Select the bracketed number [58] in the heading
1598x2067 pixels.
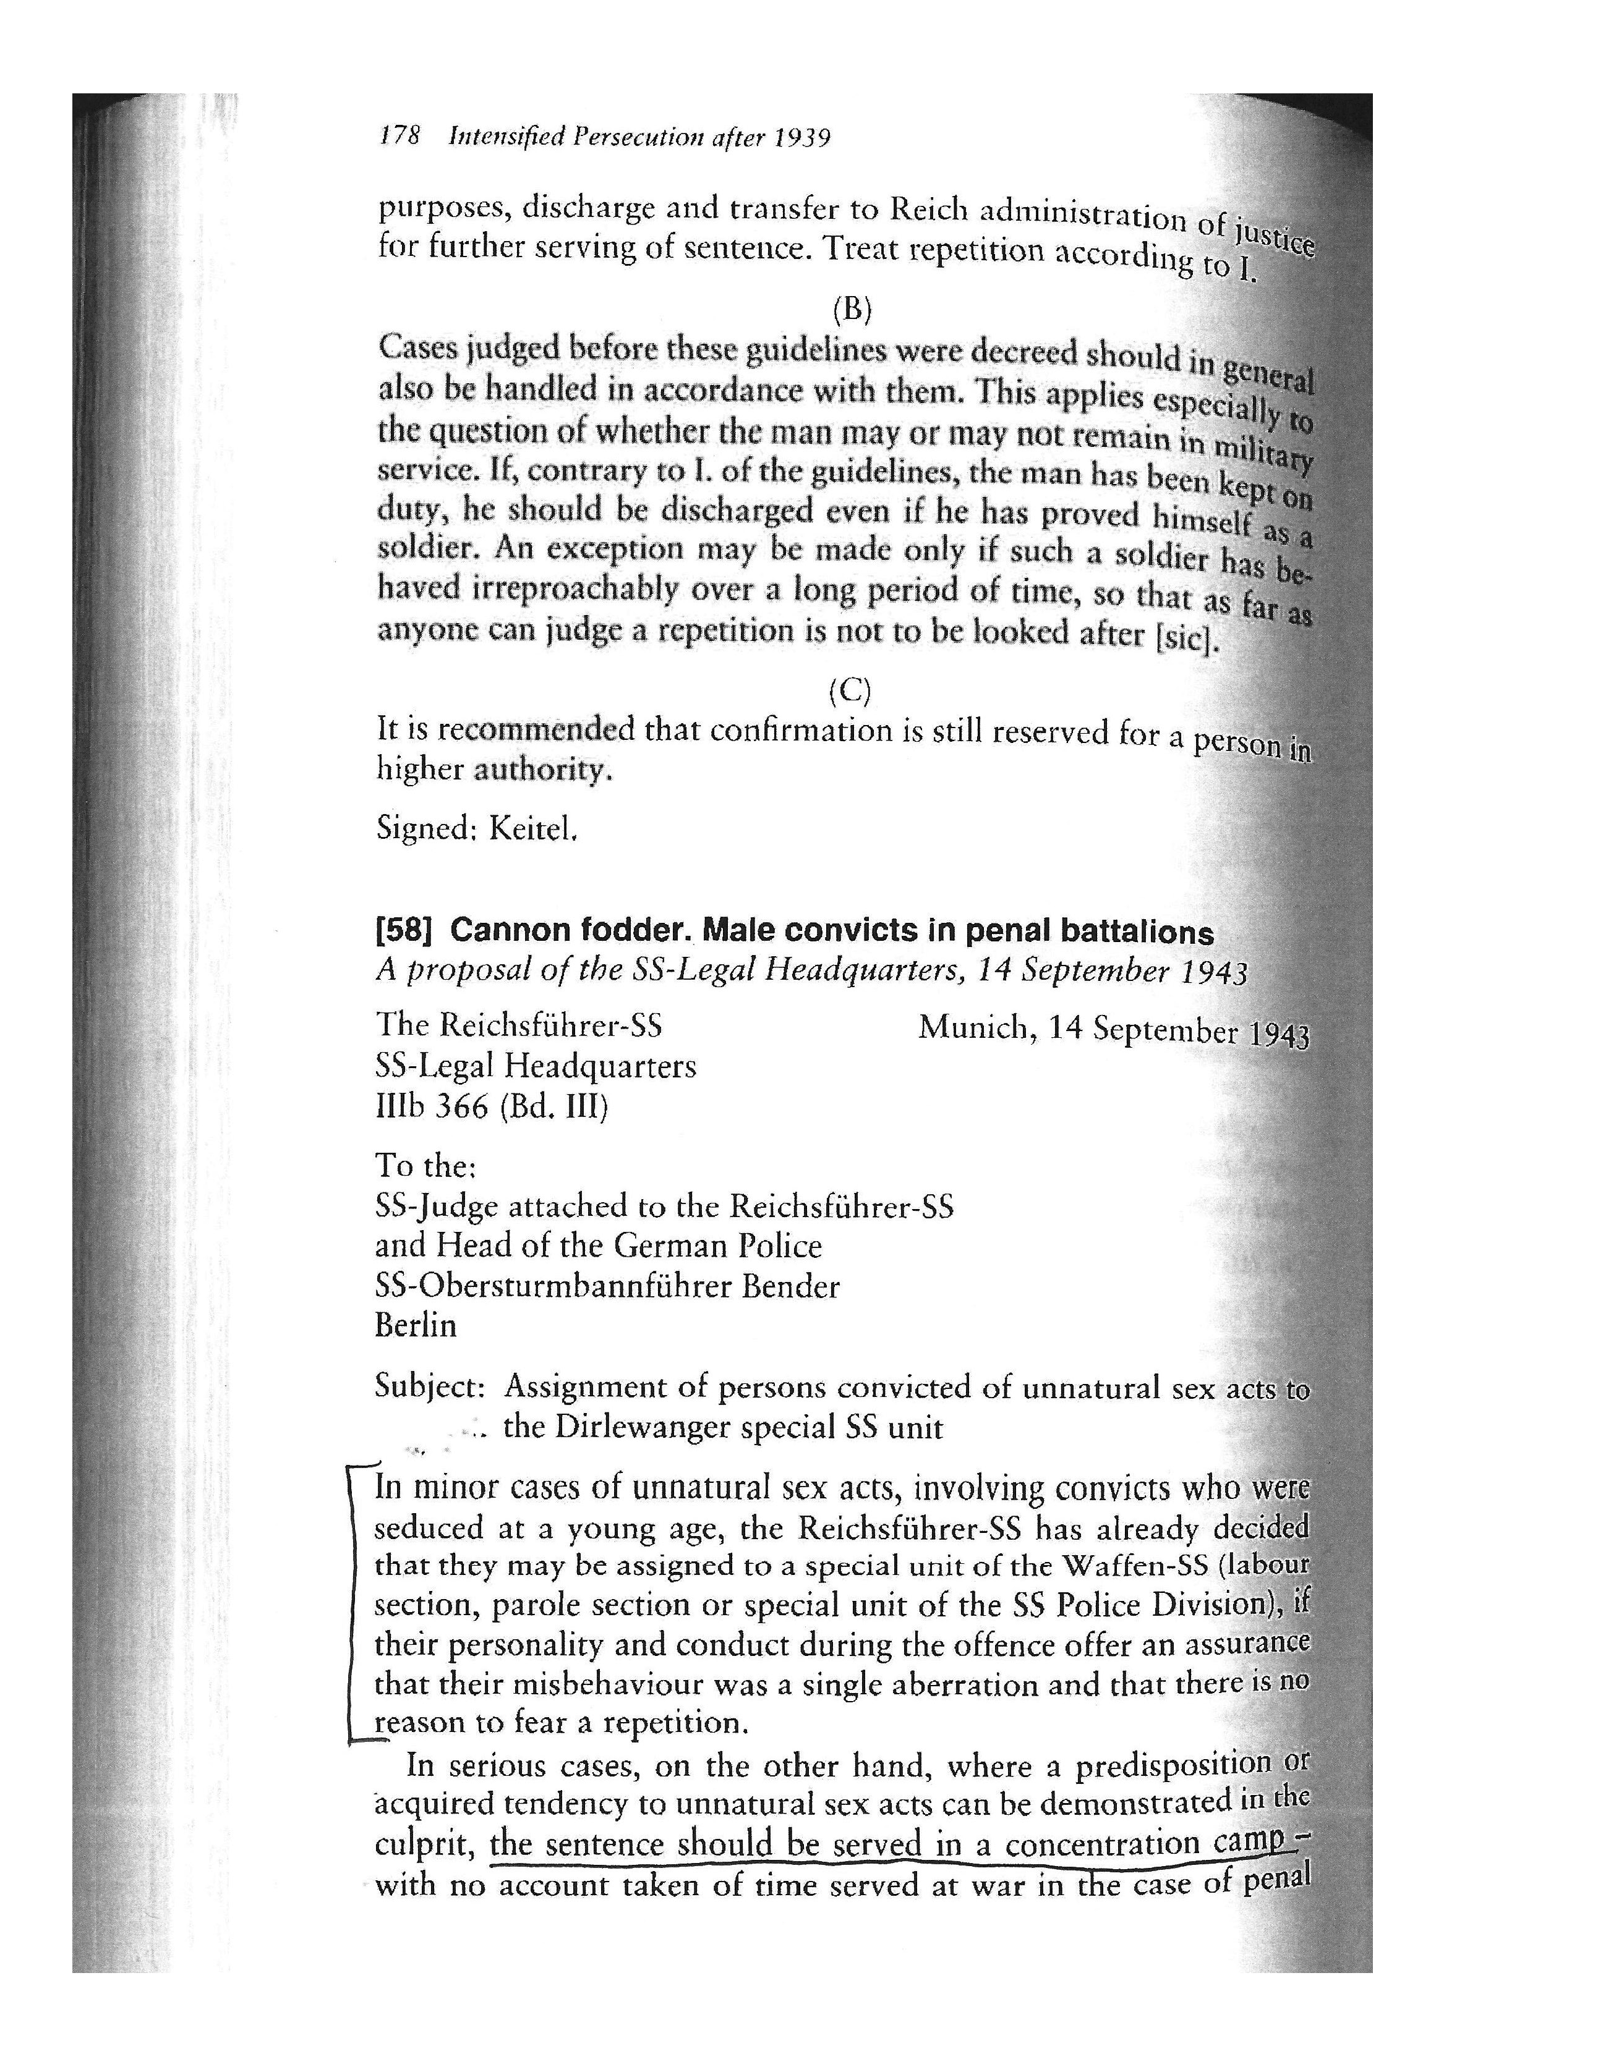click(404, 932)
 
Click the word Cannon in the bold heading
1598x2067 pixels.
click(508, 932)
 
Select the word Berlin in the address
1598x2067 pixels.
click(416, 1325)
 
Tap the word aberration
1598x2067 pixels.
click(893, 1684)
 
